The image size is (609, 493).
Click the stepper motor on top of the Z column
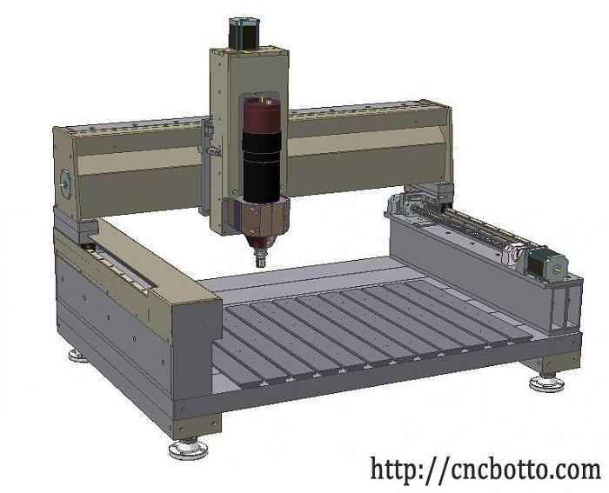pos(244,33)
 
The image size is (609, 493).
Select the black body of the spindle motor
pos(262,167)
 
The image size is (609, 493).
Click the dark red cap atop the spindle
pos(262,115)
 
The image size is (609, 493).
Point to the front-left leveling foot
pos(189,449)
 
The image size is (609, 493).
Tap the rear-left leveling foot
pos(77,356)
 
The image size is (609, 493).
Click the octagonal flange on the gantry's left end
pos(64,184)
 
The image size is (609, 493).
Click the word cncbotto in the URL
pos(497,469)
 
